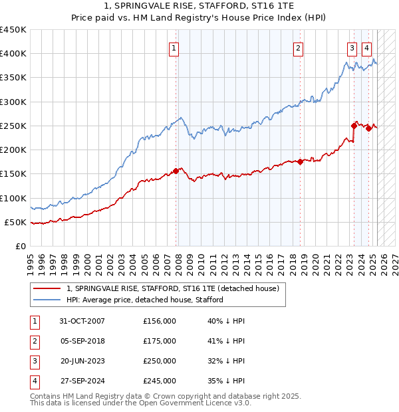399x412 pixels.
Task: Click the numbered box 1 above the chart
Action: tap(174, 47)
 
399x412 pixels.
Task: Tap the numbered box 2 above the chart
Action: tap(299, 47)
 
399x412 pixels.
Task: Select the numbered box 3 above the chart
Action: tap(351, 47)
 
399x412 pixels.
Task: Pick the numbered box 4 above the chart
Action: tap(366, 47)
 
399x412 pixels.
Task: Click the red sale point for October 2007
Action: tap(176, 171)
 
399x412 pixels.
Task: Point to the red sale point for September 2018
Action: tap(301, 161)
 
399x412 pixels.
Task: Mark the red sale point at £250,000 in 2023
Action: tap(354, 126)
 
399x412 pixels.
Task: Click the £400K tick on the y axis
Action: tap(13, 54)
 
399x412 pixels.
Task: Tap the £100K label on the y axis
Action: tap(13, 198)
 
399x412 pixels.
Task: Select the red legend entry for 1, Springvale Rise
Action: tap(176, 288)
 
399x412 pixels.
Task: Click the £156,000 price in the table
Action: tap(160, 321)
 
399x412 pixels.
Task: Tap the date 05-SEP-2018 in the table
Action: tap(82, 341)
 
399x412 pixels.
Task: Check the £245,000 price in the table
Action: tap(160, 381)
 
